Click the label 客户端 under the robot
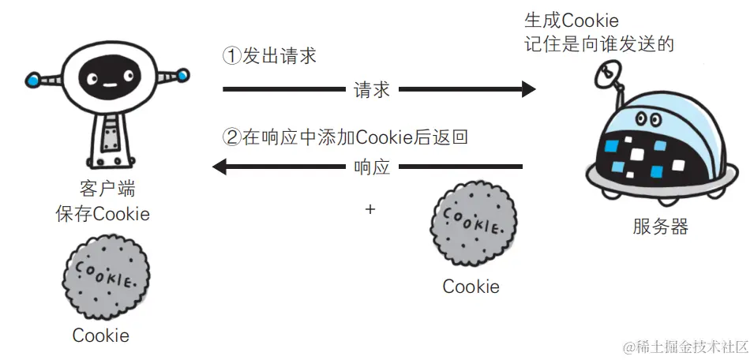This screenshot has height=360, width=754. pyautogui.click(x=102, y=190)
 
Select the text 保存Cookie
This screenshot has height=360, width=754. pyautogui.click(x=102, y=214)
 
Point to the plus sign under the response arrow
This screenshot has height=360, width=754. pyautogui.click(x=370, y=209)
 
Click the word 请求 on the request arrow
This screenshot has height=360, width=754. pyautogui.click(x=372, y=89)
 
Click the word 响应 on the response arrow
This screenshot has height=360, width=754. pyautogui.click(x=372, y=167)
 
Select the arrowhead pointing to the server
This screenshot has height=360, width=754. pyautogui.click(x=527, y=89)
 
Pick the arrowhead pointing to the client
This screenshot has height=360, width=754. pyautogui.click(x=219, y=167)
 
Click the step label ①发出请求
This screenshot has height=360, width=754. pyautogui.click(x=270, y=57)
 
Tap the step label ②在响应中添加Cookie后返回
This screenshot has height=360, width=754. pyautogui.click(x=345, y=137)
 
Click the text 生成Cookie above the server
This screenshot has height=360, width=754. pyautogui.click(x=571, y=20)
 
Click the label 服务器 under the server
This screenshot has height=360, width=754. pyautogui.click(x=660, y=227)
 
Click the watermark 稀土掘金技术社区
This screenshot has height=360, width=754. pyautogui.click(x=685, y=346)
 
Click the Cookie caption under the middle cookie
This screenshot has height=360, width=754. pyautogui.click(x=471, y=287)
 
